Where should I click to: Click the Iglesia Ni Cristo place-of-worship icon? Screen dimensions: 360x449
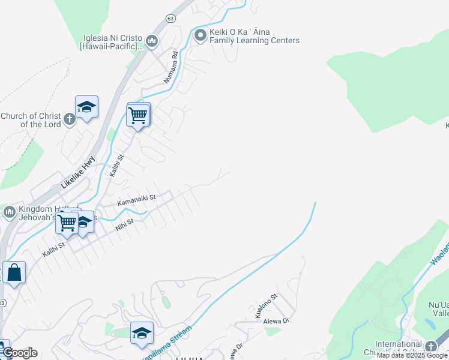pyautogui.click(x=151, y=41)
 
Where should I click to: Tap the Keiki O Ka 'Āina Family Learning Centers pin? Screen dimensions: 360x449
pyautogui.click(x=200, y=36)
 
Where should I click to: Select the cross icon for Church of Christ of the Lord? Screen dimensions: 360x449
pyautogui.click(x=70, y=118)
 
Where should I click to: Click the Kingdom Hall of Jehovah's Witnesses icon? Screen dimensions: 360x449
pyautogui.click(x=10, y=212)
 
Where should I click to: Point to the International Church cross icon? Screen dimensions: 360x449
pyautogui.click(x=430, y=347)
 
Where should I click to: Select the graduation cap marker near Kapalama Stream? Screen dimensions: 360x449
pyautogui.click(x=142, y=334)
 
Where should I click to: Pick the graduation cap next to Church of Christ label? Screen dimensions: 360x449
pyautogui.click(x=86, y=107)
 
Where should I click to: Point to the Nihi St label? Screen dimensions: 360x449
pyautogui.click(x=125, y=223)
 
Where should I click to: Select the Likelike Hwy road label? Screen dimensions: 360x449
pyautogui.click(x=78, y=172)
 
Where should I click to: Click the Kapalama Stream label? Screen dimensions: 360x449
pyautogui.click(x=167, y=344)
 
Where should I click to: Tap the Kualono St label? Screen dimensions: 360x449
pyautogui.click(x=266, y=305)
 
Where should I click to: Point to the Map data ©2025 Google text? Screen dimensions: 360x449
pyautogui.click(x=412, y=355)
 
